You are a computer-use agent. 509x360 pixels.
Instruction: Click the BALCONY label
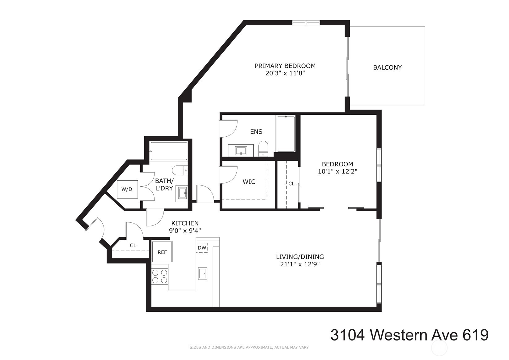click(387, 67)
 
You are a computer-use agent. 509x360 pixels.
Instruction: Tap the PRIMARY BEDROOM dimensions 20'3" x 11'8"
click(285, 74)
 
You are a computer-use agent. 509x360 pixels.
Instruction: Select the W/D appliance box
click(127, 189)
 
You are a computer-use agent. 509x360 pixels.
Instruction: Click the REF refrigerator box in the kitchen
click(162, 252)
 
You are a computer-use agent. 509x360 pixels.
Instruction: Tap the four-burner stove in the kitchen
click(160, 276)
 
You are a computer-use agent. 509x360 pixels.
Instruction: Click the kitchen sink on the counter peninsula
click(203, 274)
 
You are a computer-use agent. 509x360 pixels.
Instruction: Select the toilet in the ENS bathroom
click(263, 149)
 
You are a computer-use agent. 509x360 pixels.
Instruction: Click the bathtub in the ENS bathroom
click(286, 133)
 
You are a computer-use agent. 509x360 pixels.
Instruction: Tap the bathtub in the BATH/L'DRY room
click(168, 151)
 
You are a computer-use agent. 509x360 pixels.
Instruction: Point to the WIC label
click(249, 182)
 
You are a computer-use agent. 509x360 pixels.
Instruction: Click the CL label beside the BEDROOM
click(291, 184)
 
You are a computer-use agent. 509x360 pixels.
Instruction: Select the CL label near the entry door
click(133, 246)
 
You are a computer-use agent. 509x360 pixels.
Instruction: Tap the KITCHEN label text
click(185, 223)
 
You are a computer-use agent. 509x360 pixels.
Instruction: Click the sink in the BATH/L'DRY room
click(182, 194)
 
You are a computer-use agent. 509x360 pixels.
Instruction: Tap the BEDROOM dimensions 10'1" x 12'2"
click(337, 171)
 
